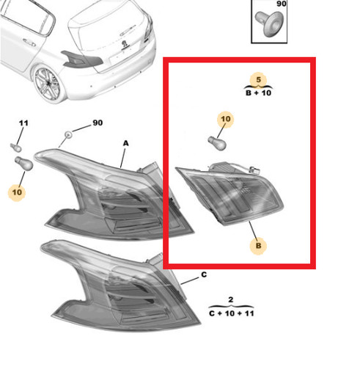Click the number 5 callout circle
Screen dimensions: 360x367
coord(258,80)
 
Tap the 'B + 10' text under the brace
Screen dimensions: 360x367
coord(258,93)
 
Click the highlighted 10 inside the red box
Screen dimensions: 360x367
coord(226,119)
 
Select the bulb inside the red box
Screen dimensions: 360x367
coord(217,143)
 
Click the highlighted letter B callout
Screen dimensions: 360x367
coord(258,246)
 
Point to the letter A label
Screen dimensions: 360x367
coord(125,143)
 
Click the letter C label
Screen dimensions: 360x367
coord(204,275)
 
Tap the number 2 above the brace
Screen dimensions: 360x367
coord(231,299)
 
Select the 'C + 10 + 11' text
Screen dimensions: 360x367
coord(232,313)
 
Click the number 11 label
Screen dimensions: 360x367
coord(23,123)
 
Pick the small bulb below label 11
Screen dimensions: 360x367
coord(16,148)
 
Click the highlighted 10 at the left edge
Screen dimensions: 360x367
coord(17,192)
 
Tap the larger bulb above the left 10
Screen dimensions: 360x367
coord(23,164)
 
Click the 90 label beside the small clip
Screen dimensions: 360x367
coord(98,123)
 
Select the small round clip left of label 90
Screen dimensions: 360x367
coord(68,134)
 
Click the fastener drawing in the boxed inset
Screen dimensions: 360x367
coord(269,23)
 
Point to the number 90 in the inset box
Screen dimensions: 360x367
coord(282,4)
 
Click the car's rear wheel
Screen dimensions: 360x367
coord(48,84)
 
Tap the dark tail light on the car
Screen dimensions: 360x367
coord(82,59)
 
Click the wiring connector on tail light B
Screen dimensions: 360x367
coord(254,170)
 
